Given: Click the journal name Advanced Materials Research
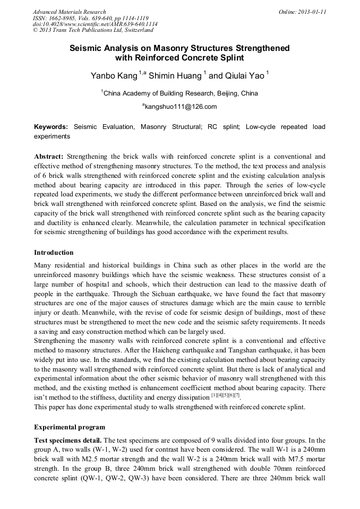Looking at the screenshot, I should [69, 12].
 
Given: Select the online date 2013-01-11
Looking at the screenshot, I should [314, 12].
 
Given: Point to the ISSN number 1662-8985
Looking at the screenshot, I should [67, 18].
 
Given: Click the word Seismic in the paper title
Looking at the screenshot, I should [87, 48].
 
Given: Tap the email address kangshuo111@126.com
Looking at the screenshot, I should [181, 107].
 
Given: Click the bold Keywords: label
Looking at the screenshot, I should [51, 127].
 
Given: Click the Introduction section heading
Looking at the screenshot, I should [54, 253].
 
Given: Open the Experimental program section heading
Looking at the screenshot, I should [69, 427].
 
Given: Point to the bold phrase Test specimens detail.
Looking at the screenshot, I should [67, 441].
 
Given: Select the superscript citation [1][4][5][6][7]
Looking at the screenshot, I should [226, 395].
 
